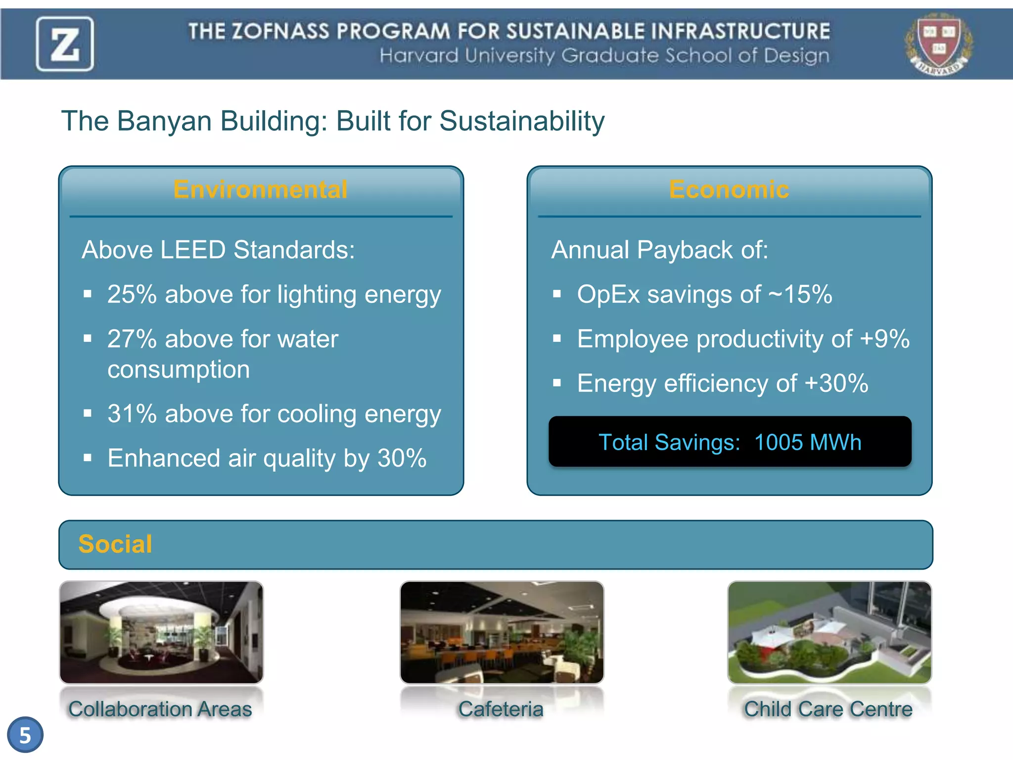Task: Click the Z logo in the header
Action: pyautogui.click(x=65, y=44)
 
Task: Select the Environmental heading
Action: pyautogui.click(x=260, y=190)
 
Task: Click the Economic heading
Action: pyautogui.click(x=729, y=190)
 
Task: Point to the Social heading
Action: pyautogui.click(x=115, y=544)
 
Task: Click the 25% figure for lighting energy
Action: pyautogui.click(x=132, y=294)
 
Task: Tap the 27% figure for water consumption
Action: pyautogui.click(x=132, y=339)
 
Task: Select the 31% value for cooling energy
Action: pyautogui.click(x=132, y=414)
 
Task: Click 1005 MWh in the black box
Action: pyautogui.click(x=807, y=442)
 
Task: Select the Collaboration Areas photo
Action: pyautogui.click(x=161, y=632)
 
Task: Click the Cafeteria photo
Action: pyautogui.click(x=502, y=632)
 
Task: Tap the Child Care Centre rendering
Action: pyautogui.click(x=829, y=632)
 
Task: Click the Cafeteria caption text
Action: pyautogui.click(x=501, y=709)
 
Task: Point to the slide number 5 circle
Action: pyautogui.click(x=25, y=735)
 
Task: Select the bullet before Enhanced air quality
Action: pyautogui.click(x=88, y=458)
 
